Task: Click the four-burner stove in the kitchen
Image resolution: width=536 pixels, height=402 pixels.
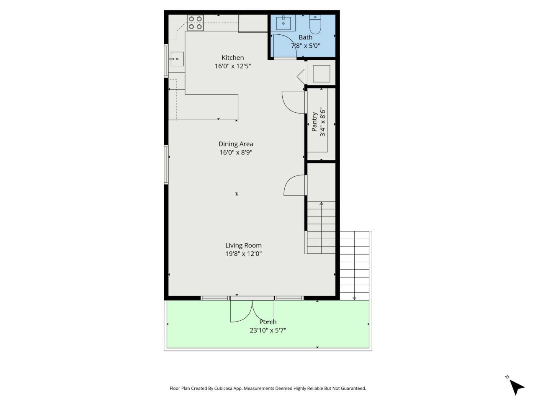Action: click(195, 23)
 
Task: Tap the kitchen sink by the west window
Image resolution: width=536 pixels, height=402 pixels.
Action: click(177, 59)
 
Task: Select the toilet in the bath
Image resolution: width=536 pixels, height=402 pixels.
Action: click(315, 25)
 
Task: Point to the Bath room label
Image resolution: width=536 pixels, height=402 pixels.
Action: click(305, 37)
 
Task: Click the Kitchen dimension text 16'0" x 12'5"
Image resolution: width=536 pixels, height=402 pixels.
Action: click(233, 66)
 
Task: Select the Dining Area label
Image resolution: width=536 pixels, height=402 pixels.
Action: click(236, 144)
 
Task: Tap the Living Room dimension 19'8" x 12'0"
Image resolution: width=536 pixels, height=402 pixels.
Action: click(243, 254)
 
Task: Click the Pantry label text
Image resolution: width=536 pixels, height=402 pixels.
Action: click(314, 122)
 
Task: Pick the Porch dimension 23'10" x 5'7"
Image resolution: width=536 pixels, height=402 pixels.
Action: click(268, 330)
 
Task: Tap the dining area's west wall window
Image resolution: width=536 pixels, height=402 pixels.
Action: click(166, 164)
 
